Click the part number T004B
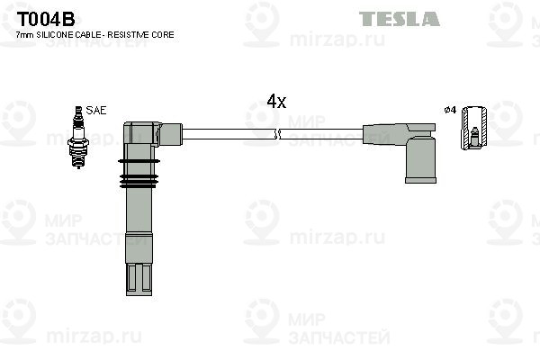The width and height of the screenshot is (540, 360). click(x=46, y=19)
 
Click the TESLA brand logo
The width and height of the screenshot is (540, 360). click(x=400, y=19)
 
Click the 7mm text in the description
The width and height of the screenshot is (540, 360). click(x=25, y=35)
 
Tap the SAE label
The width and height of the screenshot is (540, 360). click(x=96, y=110)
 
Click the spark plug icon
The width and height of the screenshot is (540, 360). click(x=78, y=137)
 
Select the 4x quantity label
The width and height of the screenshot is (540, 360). click(x=276, y=102)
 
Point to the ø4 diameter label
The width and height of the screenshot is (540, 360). click(x=450, y=110)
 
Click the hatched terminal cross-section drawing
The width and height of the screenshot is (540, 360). click(x=474, y=128)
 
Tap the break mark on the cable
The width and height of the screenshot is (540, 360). click(x=277, y=134)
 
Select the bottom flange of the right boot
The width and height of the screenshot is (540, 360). click(x=420, y=180)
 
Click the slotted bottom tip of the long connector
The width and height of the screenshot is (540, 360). click(x=139, y=280)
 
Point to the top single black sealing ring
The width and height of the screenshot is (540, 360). click(x=139, y=161)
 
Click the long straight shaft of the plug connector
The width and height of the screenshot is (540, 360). click(x=139, y=211)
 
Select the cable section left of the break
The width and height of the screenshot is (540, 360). click(x=229, y=134)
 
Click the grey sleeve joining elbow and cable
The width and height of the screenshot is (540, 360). click(x=171, y=134)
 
